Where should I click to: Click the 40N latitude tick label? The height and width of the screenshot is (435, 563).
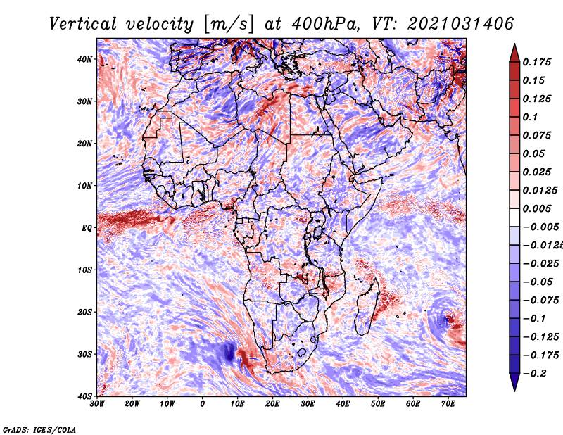point(85,59)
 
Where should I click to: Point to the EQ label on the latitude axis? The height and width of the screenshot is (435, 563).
point(87,227)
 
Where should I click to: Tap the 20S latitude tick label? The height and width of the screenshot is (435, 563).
point(85,312)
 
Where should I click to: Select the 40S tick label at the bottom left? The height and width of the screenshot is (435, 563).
point(85,396)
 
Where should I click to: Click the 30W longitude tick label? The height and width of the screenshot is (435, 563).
point(97,404)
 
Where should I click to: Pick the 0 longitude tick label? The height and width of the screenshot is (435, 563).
point(203,404)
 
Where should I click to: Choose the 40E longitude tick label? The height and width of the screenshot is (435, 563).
point(343,404)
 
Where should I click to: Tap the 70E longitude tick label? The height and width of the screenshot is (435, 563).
point(448,404)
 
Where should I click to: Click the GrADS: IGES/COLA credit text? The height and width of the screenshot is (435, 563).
point(39,429)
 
